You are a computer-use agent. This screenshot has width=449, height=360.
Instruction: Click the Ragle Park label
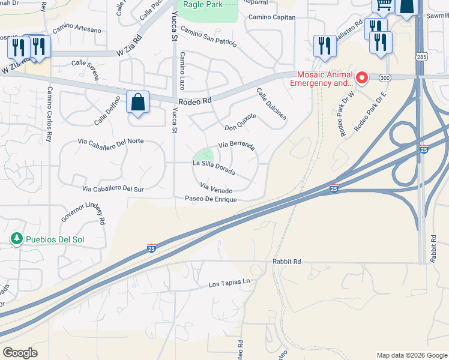pos(203,5)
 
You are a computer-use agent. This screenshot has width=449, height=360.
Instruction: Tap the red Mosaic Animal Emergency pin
pos(362,78)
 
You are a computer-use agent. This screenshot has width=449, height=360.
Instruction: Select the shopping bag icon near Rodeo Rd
pos(138,103)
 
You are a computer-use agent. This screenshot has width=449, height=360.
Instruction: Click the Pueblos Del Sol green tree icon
pos(17,239)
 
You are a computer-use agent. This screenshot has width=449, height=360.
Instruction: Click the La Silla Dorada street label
pos(213,167)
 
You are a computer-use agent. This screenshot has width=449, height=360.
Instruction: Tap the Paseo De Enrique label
pos(211,199)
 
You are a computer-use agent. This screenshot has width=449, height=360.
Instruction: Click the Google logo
pos(20,353)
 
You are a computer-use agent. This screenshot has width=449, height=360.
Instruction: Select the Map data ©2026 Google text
pos(412,355)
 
